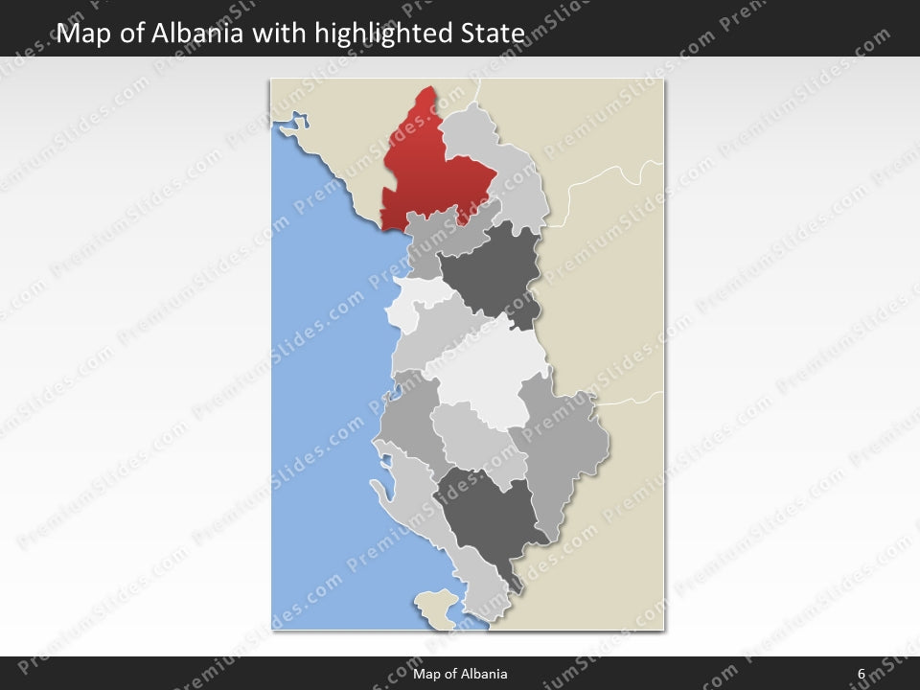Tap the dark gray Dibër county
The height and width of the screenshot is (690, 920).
point(494,273)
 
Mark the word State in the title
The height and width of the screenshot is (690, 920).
point(497,34)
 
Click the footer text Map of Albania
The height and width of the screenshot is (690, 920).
point(460,674)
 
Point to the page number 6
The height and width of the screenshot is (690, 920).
point(861,674)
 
